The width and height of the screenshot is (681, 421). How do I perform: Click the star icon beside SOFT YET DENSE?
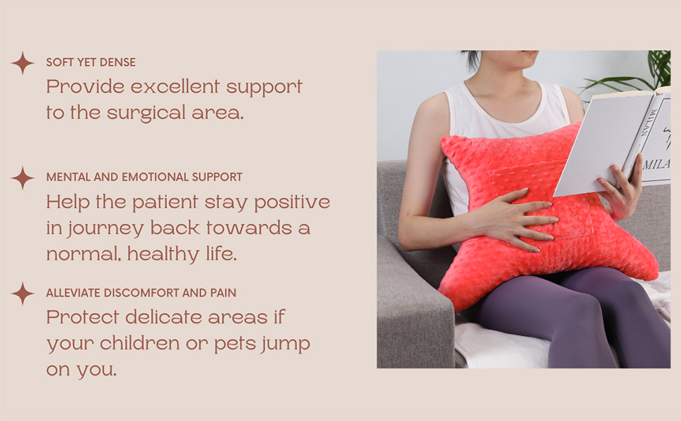pos(22,63)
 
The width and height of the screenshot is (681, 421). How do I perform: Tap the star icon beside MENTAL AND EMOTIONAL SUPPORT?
pos(22,178)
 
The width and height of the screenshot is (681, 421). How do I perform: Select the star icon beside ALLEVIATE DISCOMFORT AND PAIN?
pos(22,293)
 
